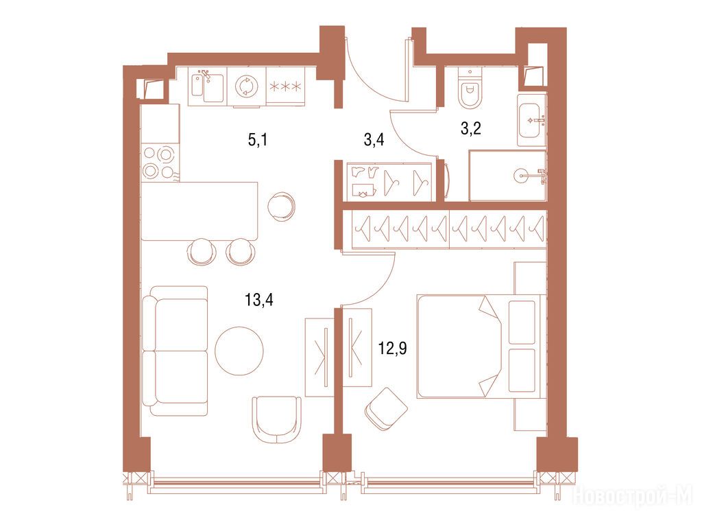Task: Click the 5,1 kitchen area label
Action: coord(258,140)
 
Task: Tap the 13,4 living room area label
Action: coord(258,299)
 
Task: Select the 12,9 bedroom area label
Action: coord(393,348)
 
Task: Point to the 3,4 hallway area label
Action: coord(374,140)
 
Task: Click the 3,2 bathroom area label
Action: coord(470,128)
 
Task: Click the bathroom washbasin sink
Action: coord(531,120)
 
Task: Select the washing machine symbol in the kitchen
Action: coord(246,86)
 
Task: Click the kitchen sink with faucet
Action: coord(207,86)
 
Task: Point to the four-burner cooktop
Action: coord(158,163)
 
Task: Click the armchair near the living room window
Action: coord(277,419)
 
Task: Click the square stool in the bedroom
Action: coord(386,409)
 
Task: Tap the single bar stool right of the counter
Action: coord(281,207)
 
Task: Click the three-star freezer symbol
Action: coord(285,86)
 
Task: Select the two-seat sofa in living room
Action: coord(175,351)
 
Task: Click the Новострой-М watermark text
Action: coord(633,495)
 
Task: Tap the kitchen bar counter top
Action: coord(199,211)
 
